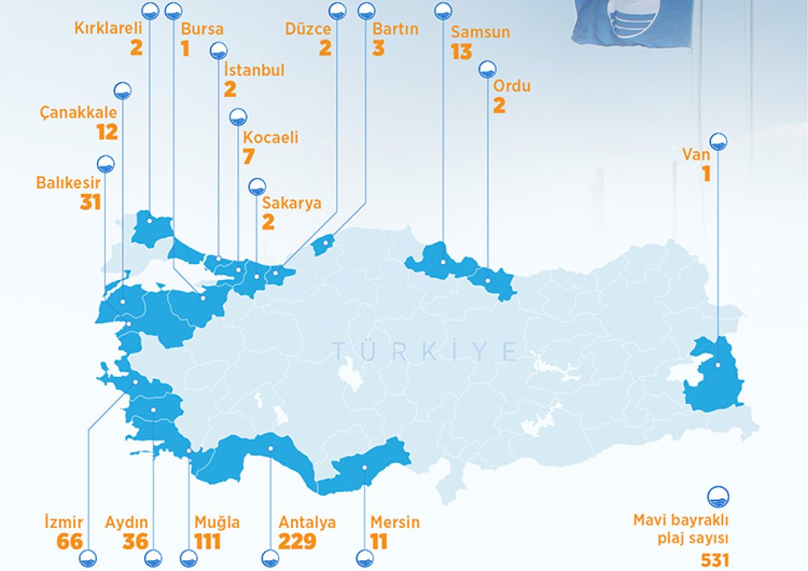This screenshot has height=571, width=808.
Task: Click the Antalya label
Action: point(307,523)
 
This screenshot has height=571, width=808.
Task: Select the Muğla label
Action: point(217,523)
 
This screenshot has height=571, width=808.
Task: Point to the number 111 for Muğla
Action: point(207,541)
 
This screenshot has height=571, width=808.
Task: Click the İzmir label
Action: point(63,523)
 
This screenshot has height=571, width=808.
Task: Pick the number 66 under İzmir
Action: point(69,541)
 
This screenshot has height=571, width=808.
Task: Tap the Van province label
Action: point(696,155)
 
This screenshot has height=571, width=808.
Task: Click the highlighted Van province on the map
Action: point(714,377)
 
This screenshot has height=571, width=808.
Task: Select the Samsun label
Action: point(480,32)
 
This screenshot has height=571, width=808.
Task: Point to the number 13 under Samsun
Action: point(461,52)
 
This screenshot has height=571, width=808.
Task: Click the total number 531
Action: point(716,560)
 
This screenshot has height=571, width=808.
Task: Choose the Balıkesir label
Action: point(69,182)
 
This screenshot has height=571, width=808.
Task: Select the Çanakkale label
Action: point(78,112)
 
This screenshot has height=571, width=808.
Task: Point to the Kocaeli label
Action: point(270,138)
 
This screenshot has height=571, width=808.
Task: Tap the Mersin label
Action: point(395,523)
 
